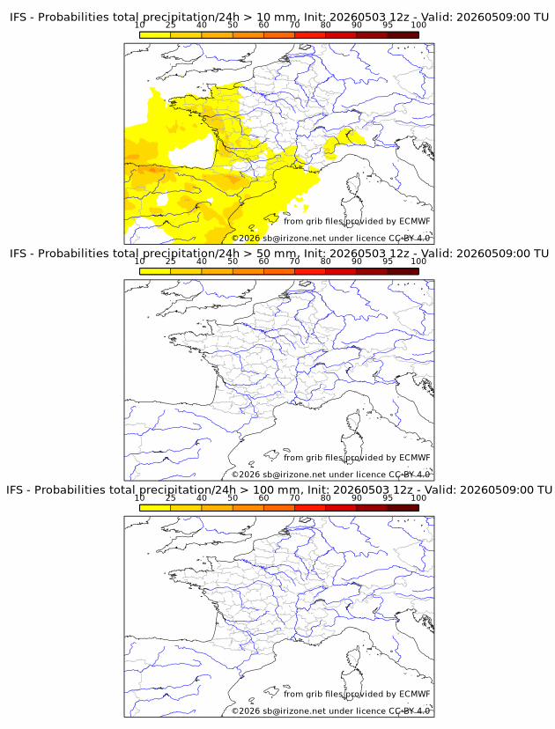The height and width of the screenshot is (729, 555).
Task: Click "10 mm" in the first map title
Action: [x=277, y=18]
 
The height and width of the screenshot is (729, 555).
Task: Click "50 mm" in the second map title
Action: [x=277, y=254]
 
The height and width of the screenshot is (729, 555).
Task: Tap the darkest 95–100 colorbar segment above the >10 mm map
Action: [x=403, y=35]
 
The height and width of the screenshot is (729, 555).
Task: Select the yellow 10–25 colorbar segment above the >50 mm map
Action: [x=155, y=271]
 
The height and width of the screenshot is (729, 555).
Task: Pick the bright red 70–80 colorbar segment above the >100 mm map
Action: [x=310, y=508]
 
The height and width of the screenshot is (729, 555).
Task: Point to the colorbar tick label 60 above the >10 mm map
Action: [x=263, y=26]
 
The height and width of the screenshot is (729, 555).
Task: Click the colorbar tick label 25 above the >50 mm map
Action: [x=171, y=261]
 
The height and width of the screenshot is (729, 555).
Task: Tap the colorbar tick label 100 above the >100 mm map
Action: [x=418, y=498]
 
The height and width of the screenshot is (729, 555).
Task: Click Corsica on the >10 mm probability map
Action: [x=354, y=185]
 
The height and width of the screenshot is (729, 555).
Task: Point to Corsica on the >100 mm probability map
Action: [x=354, y=658]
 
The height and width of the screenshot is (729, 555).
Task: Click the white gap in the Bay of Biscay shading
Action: [x=192, y=151]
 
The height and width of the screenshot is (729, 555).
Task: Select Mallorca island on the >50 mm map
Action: [x=271, y=454]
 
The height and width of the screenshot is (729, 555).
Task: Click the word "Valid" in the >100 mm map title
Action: [x=439, y=490]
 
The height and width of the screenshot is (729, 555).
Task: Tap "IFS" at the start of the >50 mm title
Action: [x=18, y=254]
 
